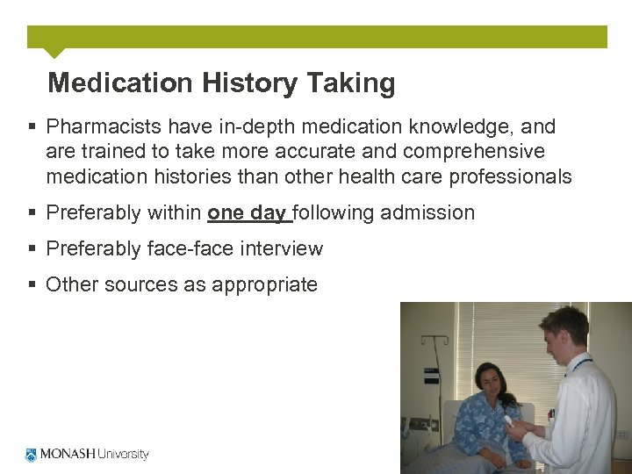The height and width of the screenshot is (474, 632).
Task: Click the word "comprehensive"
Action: pos(470,152)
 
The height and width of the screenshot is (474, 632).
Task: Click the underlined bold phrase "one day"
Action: pos(247,212)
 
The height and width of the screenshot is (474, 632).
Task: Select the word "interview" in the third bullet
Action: pos(283,248)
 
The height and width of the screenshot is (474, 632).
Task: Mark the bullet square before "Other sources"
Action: pos(32,284)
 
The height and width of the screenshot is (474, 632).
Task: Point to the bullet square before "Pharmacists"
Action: pos(32,127)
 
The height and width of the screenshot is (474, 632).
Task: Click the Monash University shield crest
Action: pos(32,455)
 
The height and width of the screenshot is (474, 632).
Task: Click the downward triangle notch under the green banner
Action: pos(54,53)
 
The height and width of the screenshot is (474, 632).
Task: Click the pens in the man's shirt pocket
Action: pos(551,413)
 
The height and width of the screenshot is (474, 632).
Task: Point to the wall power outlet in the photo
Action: pos(621,434)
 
